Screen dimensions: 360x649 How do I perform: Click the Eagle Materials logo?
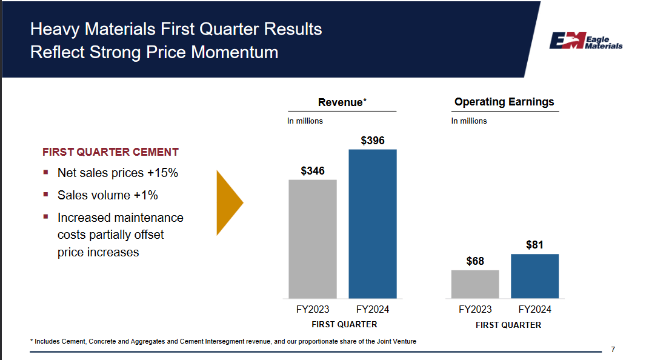[585, 41]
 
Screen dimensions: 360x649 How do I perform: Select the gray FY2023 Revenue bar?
[312, 239]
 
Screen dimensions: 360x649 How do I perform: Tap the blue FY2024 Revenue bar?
[372, 224]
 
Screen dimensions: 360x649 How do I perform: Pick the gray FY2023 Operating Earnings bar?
[475, 284]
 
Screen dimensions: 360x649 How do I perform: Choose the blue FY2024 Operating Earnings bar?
[534, 276]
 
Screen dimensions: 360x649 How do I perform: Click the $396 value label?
[372, 141]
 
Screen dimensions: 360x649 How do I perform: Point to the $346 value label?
[313, 171]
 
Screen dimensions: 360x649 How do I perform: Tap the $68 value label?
[475, 261]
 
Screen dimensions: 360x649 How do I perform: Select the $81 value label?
[534, 245]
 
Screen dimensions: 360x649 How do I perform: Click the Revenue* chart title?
[342, 102]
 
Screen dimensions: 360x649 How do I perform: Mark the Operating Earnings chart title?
[504, 102]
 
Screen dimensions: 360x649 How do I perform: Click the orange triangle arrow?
[229, 202]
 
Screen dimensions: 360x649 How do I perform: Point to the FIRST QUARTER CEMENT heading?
[110, 152]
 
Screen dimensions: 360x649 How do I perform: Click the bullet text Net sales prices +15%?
[118, 173]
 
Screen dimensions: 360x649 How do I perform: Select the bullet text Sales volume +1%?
[107, 195]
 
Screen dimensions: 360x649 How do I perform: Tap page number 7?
[613, 349]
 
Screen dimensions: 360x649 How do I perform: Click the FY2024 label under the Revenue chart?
[372, 310]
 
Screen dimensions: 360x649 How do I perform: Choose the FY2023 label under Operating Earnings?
[475, 310]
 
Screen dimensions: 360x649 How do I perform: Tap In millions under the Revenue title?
[305, 121]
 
